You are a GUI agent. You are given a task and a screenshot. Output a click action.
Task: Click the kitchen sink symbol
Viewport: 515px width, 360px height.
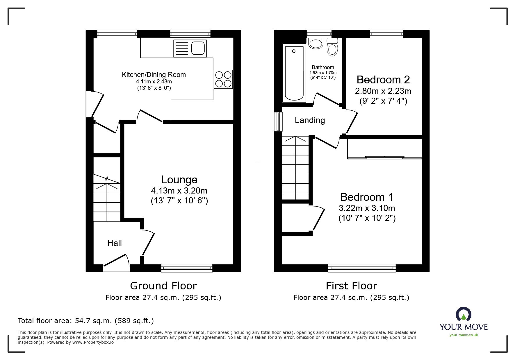tap(190, 48)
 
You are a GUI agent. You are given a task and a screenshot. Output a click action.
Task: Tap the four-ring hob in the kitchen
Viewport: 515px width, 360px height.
tap(223, 79)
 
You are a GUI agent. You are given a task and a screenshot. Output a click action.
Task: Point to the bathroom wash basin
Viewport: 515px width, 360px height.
tap(316, 44)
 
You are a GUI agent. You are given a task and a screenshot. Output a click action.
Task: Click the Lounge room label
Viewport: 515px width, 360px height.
tap(179, 180)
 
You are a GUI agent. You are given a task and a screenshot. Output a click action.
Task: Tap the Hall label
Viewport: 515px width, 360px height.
tap(114, 243)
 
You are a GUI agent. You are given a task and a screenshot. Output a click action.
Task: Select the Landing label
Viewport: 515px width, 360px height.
tap(310, 120)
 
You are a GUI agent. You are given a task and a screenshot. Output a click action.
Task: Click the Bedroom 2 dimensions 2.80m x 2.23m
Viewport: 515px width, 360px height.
tap(383, 91)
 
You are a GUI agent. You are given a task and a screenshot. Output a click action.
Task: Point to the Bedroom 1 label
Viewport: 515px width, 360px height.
tap(367, 197)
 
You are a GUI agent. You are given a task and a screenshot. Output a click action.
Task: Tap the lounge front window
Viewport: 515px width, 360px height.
tap(187, 268)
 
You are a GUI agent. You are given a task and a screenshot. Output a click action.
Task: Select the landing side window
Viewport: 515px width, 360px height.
tap(279, 122)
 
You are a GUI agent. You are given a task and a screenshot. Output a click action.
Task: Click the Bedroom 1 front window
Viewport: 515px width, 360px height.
tap(362, 268)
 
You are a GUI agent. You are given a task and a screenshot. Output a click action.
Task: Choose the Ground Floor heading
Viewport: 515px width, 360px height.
tap(163, 286)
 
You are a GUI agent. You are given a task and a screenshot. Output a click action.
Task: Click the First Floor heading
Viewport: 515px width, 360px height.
tap(351, 286)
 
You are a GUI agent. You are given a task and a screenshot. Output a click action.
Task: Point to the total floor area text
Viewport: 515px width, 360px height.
tap(86, 321)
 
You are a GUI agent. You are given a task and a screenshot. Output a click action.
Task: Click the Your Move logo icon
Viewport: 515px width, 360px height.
tap(463, 314)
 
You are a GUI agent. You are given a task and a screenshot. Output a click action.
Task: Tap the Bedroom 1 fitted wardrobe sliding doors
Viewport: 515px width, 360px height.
tap(384, 157)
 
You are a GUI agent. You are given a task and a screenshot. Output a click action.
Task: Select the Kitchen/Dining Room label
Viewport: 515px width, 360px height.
tap(154, 75)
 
